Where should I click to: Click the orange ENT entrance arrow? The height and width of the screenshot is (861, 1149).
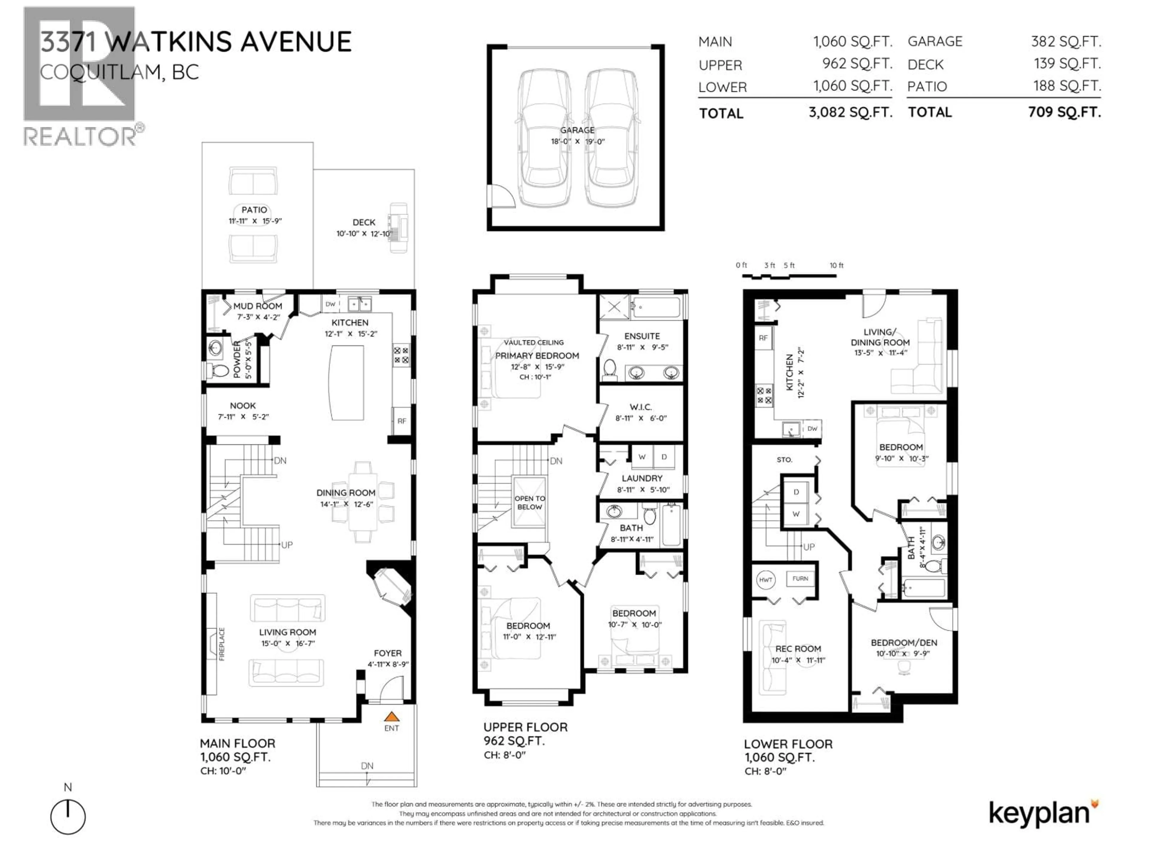coord(391,717)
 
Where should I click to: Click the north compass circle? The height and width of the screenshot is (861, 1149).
coord(68,817)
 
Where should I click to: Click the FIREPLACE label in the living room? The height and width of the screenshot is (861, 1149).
coord(222,644)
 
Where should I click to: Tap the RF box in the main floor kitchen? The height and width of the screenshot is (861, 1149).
coord(402,421)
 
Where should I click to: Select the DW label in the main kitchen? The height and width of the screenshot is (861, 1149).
coord(330,304)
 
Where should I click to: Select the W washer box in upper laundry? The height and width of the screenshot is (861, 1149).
coord(642,457)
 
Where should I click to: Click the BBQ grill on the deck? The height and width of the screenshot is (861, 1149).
coord(399,228)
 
